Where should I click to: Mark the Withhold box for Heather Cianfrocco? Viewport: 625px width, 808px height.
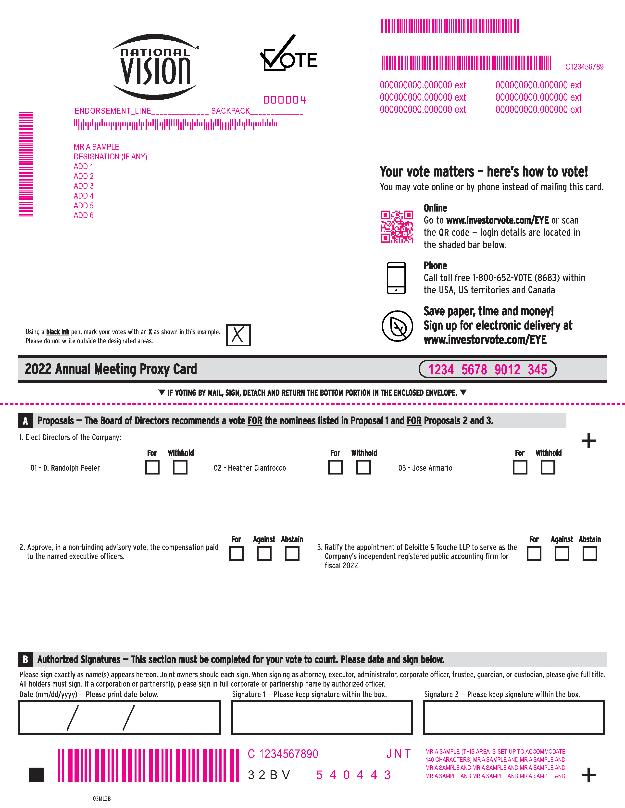pyautogui.click(x=363, y=467)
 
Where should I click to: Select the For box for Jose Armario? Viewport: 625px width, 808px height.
pyautogui.click(x=520, y=467)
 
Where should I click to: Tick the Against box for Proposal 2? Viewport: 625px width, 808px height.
pyautogui.click(x=264, y=554)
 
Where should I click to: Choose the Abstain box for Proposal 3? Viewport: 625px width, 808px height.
pyautogui.click(x=589, y=554)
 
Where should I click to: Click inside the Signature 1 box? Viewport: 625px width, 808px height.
pyautogui.click(x=322, y=717)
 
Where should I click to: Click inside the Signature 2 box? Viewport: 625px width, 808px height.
pyautogui.click(x=513, y=717)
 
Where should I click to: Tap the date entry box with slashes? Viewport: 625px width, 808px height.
pyautogui.click(x=119, y=717)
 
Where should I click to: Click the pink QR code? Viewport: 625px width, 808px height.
pyautogui.click(x=397, y=226)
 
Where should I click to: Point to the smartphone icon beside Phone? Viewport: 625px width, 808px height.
pyautogui.click(x=396, y=278)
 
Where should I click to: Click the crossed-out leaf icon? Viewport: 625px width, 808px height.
pyautogui.click(x=397, y=326)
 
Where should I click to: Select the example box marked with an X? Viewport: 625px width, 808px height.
pyautogui.click(x=238, y=335)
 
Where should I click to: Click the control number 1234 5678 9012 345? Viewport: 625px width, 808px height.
pyautogui.click(x=487, y=369)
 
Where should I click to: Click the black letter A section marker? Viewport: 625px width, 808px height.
pyautogui.click(x=25, y=421)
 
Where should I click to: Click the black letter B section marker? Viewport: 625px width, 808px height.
pyautogui.click(x=25, y=659)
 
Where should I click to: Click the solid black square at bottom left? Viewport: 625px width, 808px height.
pyautogui.click(x=36, y=775)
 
